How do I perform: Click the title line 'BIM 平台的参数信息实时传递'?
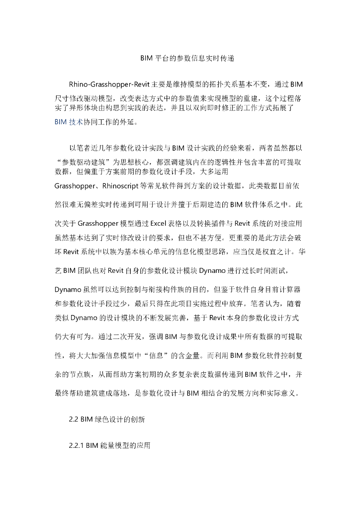(x=180, y=58)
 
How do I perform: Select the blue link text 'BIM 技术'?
(x=69, y=121)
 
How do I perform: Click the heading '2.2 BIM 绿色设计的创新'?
(x=107, y=419)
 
